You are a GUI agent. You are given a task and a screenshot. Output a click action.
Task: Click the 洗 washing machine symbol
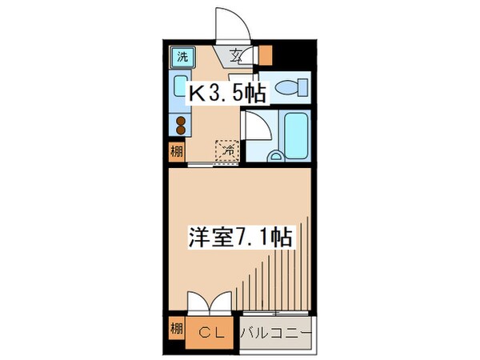click(182, 57)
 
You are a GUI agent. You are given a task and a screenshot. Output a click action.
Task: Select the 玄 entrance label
click(238, 56)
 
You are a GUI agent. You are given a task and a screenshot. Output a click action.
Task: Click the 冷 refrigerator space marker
click(227, 149)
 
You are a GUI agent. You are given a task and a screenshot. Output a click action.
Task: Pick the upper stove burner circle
click(181, 122)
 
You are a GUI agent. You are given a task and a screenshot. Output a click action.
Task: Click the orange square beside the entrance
click(265, 55)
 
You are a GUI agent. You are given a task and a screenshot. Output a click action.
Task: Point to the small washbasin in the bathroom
click(274, 154)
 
